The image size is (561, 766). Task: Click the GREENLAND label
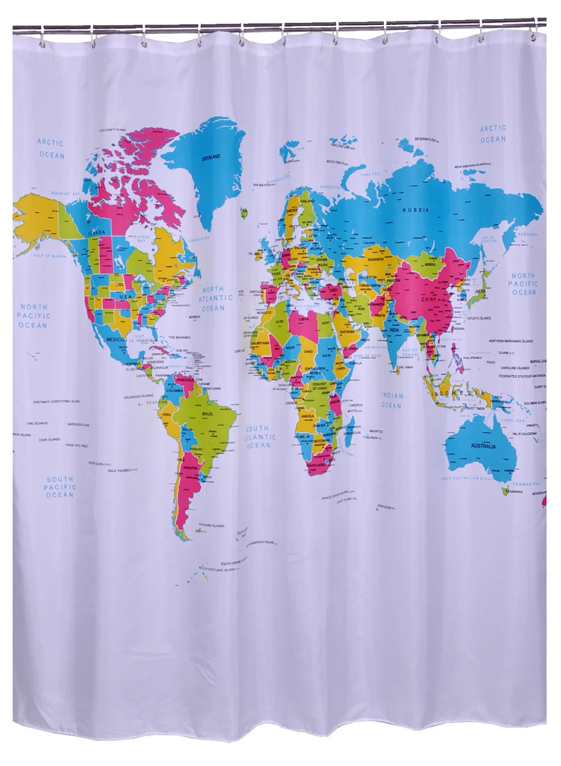coord(211,158)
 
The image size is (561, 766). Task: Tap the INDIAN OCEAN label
coord(392,400)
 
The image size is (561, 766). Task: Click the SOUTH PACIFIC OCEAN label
coord(60,486)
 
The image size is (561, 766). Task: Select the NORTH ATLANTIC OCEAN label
coord(213,298)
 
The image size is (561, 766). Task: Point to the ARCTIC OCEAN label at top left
coord(51,149)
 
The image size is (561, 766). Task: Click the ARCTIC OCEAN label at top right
coord(493,133)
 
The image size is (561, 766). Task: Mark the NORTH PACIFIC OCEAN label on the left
coord(35,315)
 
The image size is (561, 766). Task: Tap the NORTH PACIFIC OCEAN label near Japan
coord(523,284)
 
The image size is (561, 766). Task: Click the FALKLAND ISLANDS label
coord(211,526)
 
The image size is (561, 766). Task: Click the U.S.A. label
coord(125,296)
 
